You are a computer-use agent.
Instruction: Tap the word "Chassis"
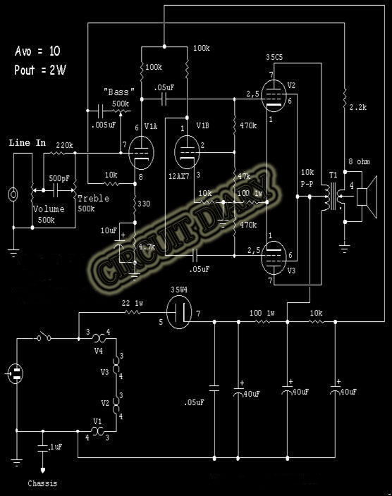[44, 483]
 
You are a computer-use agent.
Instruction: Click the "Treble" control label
[93, 199]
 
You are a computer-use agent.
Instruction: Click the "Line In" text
[27, 143]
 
